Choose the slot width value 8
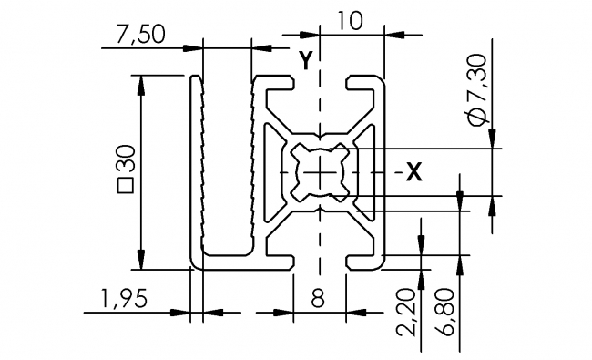click(x=320, y=298)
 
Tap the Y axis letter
click(x=307, y=60)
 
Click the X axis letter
click(x=413, y=170)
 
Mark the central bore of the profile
click(x=320, y=171)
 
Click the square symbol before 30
click(x=126, y=188)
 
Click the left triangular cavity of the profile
click(x=273, y=171)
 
